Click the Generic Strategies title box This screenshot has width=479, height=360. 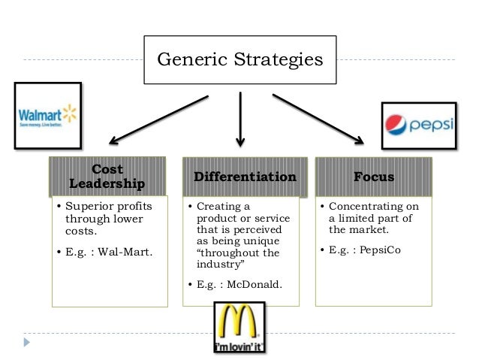click(239, 59)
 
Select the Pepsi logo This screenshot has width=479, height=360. click(418, 123)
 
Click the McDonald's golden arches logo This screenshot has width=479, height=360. click(239, 327)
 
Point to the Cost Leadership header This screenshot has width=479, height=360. click(107, 177)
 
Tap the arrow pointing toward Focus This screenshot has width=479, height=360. click(318, 118)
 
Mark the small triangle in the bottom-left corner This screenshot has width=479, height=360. click(27, 342)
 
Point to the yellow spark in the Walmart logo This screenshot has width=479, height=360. click(70, 113)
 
